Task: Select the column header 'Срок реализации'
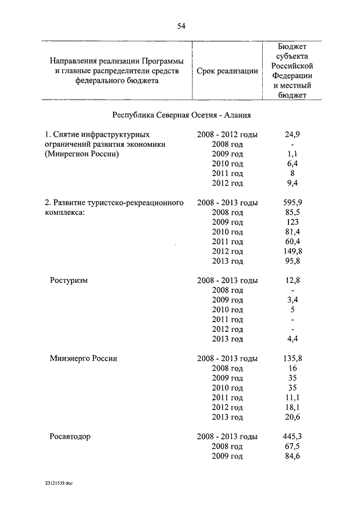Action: [x=227, y=71]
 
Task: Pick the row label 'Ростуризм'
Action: [x=69, y=280]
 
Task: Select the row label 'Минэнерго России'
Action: [x=83, y=358]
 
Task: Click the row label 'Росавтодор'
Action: [x=70, y=436]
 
